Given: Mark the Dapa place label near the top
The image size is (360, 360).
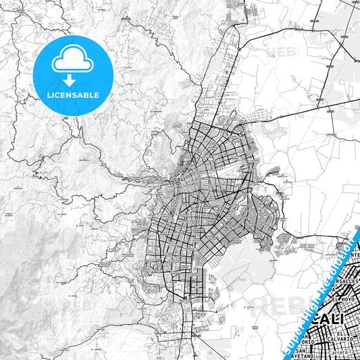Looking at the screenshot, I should [x=125, y=19].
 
